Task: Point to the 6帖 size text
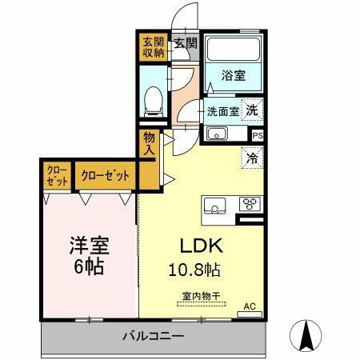[90, 267]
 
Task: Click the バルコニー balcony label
[154, 336]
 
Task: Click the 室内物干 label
[202, 294]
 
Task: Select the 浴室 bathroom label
[234, 76]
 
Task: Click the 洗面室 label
[223, 112]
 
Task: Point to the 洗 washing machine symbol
[252, 111]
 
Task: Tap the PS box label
[257, 136]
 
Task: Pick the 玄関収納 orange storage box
[154, 47]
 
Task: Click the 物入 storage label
[149, 143]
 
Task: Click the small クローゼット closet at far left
[57, 175]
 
